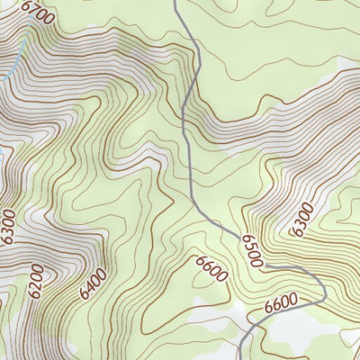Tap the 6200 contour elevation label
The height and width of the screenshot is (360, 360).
(x=36, y=282)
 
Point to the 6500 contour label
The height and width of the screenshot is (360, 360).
(x=251, y=251)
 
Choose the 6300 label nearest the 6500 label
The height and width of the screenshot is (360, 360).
(x=302, y=220)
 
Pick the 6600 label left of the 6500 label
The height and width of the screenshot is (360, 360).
(x=211, y=268)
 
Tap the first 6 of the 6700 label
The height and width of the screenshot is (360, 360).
(x=25, y=6)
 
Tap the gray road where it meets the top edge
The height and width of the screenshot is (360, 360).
(x=175, y=3)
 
